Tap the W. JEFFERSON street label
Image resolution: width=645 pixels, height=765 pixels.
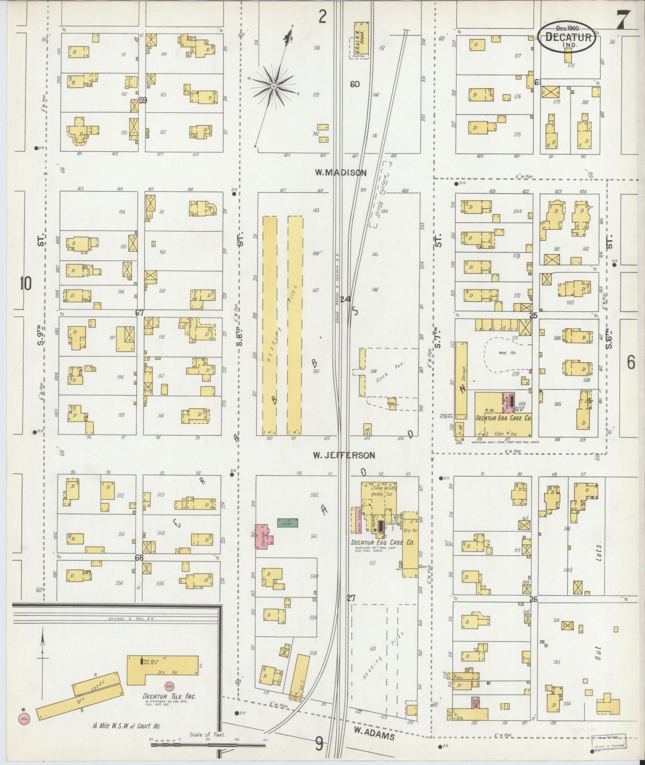coord(344,455)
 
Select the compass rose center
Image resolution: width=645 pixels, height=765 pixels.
coord(274,86)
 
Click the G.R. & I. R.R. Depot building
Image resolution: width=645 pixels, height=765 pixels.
coord(361,39)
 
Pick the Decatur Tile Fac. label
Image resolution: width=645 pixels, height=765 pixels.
coord(170,696)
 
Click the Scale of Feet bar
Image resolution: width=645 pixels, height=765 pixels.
coord(208,745)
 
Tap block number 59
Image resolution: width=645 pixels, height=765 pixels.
coord(143,100)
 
